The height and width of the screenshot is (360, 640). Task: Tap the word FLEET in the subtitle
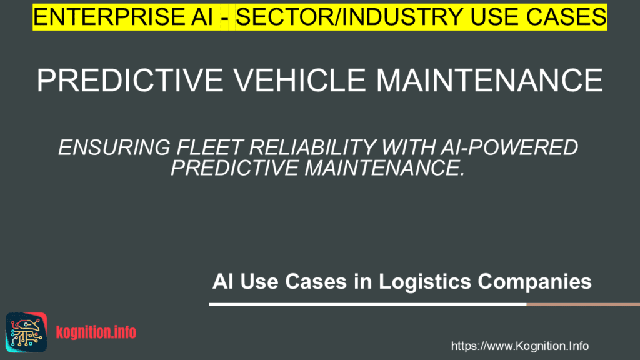tap(199, 148)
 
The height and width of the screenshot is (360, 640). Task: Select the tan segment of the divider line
tap(582, 304)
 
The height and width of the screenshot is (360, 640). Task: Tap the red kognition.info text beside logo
tap(96, 332)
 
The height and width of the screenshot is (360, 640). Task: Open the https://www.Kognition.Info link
tap(519, 346)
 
